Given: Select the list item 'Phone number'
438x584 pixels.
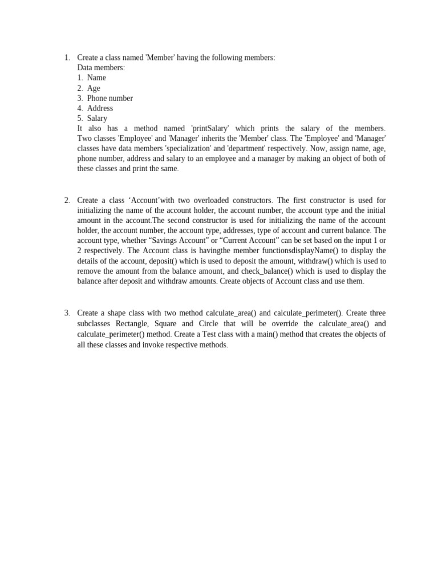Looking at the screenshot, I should coord(109,98).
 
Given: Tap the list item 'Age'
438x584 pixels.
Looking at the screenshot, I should coord(94,88).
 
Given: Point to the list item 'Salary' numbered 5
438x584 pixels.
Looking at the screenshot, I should coord(97,119).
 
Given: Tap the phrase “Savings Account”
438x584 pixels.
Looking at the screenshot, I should coord(179,241).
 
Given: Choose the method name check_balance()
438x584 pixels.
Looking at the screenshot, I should coord(269,271).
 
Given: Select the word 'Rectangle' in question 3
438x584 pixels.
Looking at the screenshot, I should coord(132,324).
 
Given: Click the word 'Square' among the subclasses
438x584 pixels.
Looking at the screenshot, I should coord(165,324).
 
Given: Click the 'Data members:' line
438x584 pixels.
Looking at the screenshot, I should coord(101,68).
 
